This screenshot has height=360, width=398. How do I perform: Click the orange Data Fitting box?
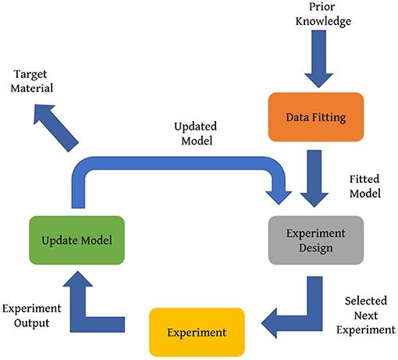click(316, 117)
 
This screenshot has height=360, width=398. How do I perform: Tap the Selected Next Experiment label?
click(368, 314)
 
